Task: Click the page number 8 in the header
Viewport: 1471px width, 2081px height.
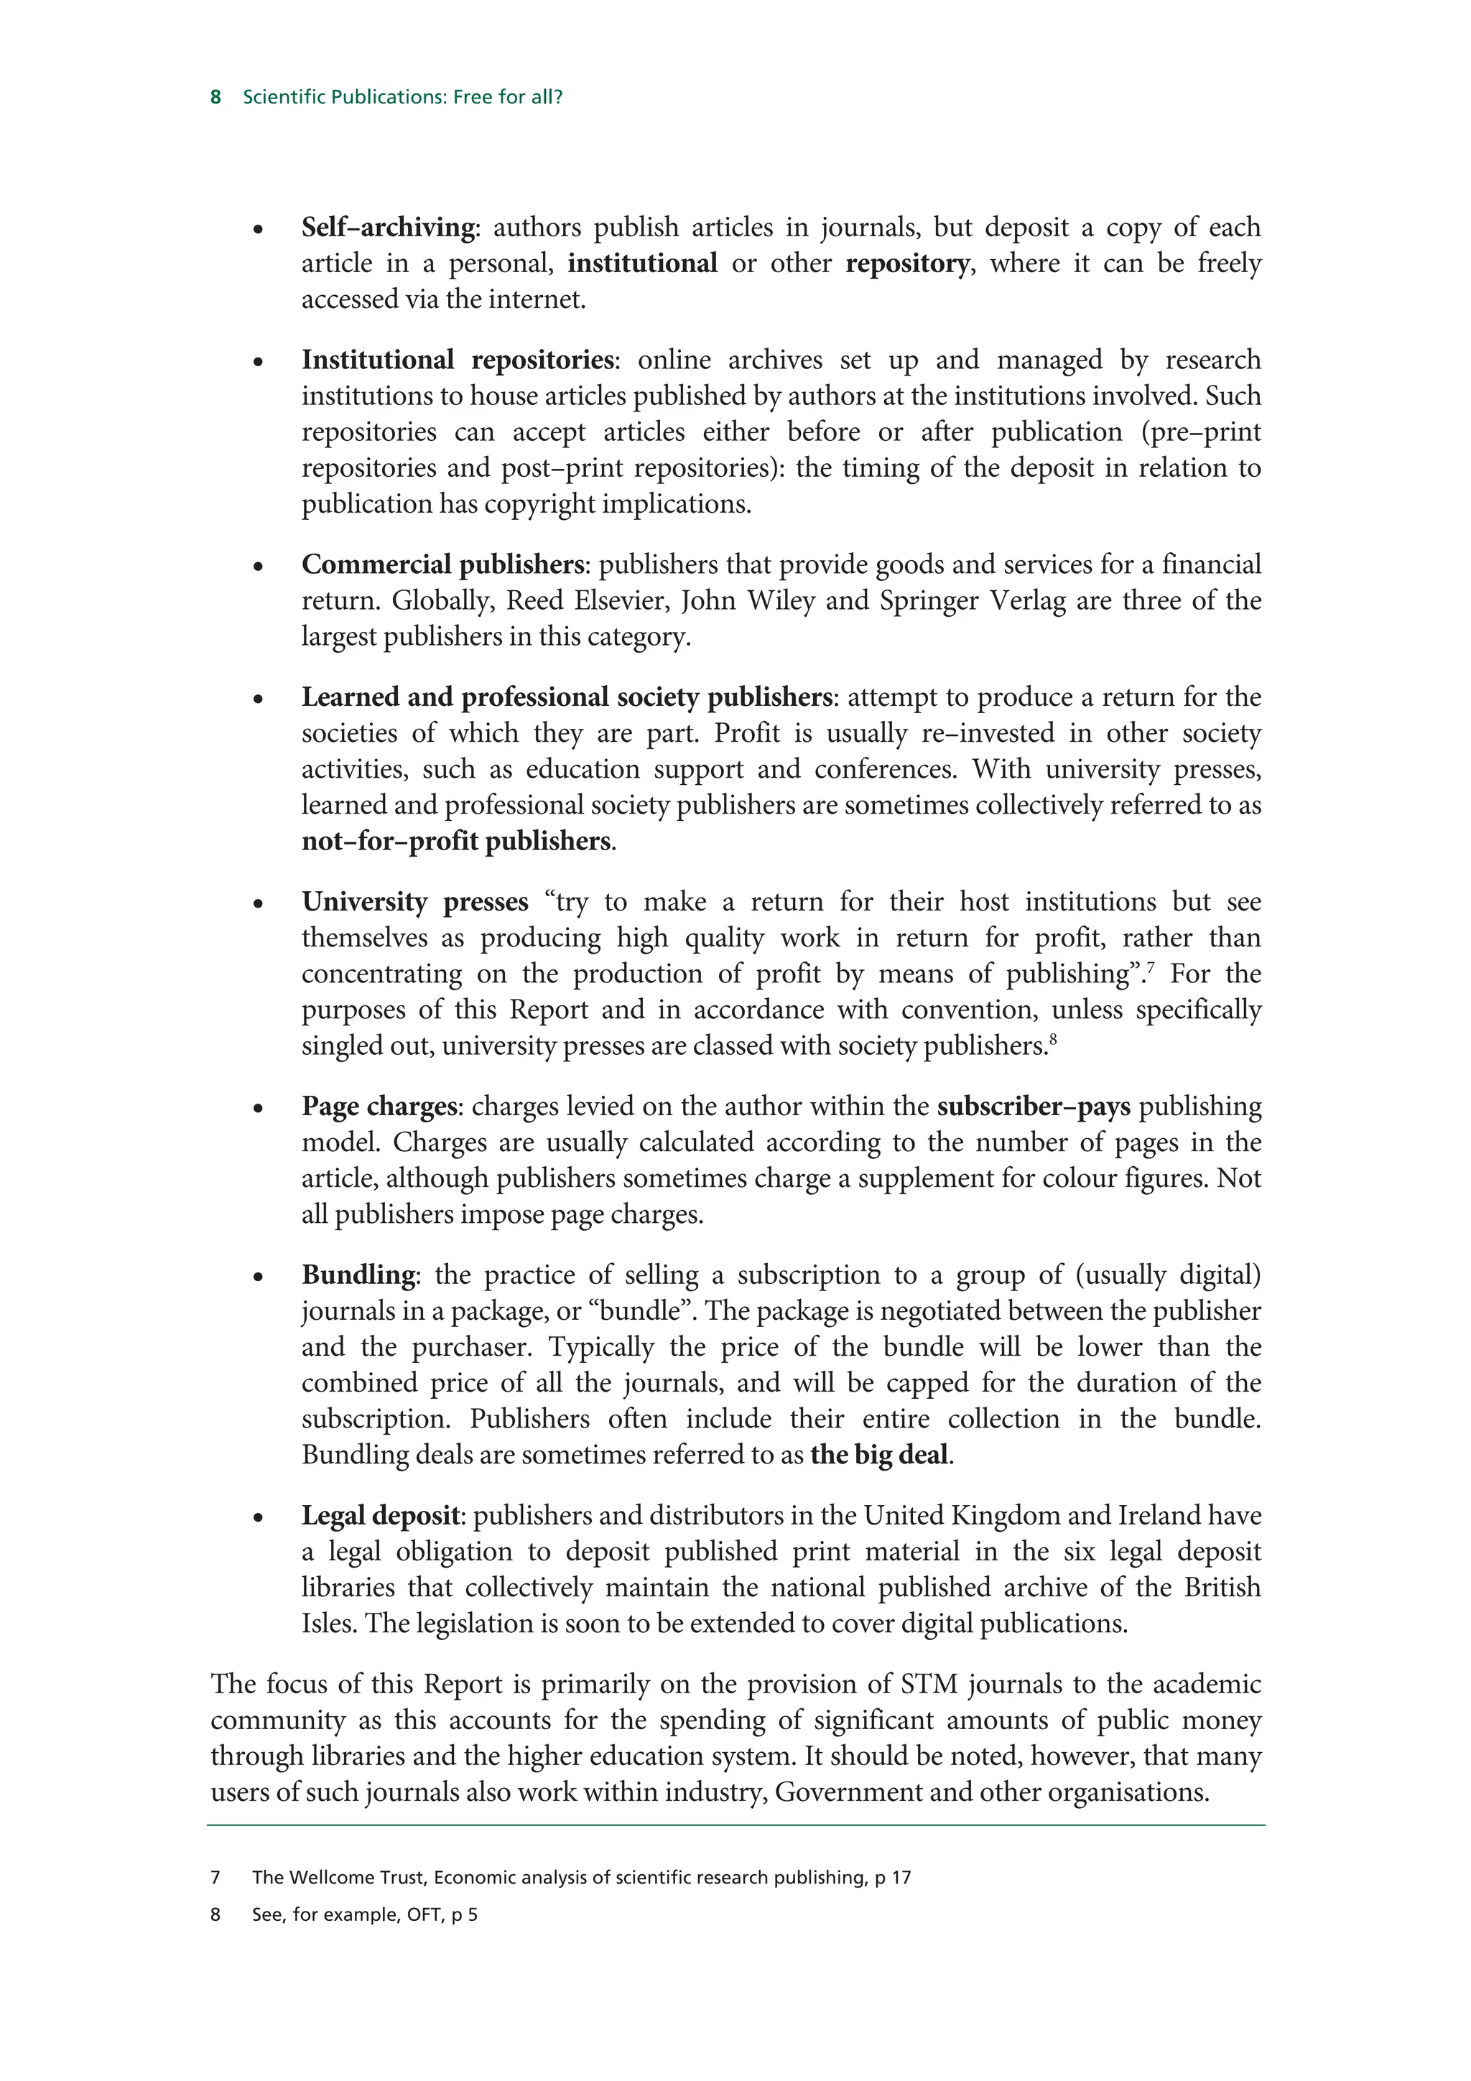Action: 215,97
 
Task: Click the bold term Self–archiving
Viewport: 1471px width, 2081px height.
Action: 388,227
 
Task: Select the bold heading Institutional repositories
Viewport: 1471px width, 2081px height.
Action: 458,360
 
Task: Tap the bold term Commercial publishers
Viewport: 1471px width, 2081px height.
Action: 443,564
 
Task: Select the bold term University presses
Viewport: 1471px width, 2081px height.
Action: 414,902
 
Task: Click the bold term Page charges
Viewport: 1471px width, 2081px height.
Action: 379,1107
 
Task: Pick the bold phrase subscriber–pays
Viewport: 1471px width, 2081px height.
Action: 1034,1107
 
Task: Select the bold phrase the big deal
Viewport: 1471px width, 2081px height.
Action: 879,1456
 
